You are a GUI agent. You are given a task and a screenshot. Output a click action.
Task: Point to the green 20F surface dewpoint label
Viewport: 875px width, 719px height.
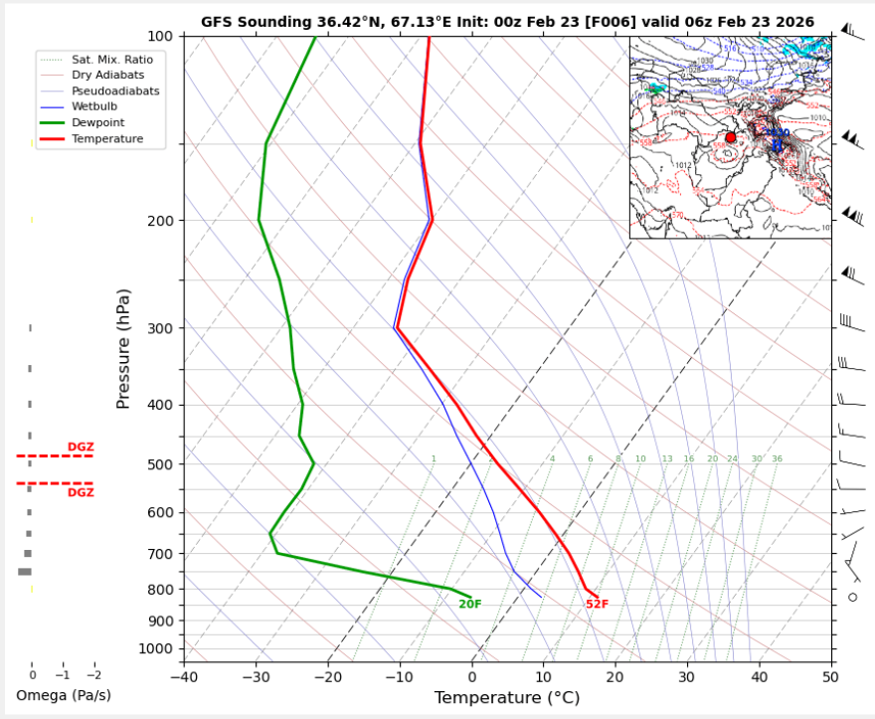469,605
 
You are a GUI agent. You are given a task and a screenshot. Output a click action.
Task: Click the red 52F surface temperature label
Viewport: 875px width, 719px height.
597,605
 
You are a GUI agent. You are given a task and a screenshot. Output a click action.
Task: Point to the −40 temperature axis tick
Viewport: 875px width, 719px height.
184,677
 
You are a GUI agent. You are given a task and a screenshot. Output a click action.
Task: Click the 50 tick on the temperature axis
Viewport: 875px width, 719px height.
830,677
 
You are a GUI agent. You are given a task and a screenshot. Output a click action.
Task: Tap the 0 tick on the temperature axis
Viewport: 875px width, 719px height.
472,677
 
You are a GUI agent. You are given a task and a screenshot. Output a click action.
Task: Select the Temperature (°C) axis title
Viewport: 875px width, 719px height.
507,698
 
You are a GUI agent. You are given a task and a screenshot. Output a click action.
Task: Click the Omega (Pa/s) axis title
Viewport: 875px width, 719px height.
64,694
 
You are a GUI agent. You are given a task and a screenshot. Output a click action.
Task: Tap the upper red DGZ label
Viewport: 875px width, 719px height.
81,448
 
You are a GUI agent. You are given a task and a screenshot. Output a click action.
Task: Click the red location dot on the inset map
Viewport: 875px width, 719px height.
730,137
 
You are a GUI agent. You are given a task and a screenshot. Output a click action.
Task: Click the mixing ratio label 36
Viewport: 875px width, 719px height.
777,459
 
